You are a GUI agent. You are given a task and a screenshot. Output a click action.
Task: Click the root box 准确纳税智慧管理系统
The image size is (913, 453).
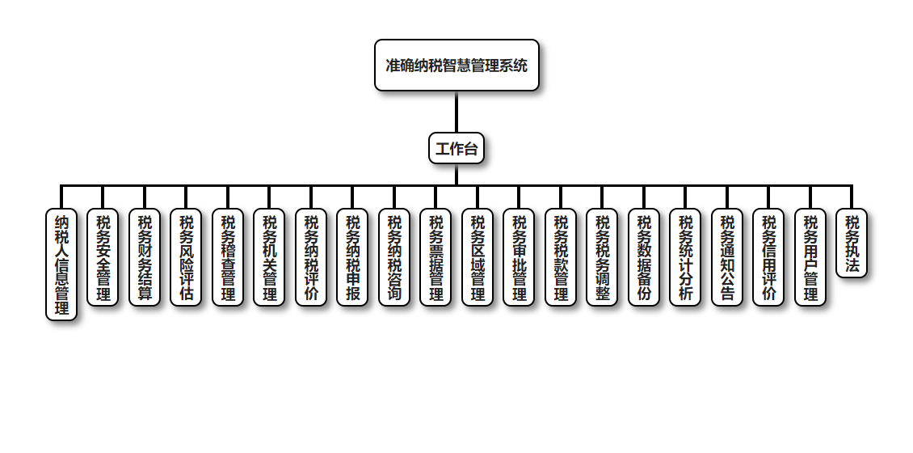tap(456, 65)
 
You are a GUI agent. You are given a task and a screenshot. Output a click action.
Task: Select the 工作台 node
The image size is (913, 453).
tap(456, 148)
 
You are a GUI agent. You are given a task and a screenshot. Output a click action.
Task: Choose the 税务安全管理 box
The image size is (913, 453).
tap(103, 257)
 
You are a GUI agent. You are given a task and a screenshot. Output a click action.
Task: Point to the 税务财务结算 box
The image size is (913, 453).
tap(145, 257)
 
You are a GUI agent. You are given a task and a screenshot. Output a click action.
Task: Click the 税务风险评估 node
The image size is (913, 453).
tap(186, 257)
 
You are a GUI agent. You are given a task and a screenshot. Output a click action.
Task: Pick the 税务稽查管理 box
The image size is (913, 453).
tap(228, 257)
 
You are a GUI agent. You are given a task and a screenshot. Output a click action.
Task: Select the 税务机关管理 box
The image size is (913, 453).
tap(269, 257)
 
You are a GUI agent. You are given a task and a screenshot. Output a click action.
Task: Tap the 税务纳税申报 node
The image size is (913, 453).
tap(352, 257)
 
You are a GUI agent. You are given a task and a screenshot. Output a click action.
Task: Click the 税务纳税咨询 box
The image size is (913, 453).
tap(394, 257)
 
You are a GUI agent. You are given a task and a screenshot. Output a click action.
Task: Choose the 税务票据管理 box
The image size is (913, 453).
tap(435, 257)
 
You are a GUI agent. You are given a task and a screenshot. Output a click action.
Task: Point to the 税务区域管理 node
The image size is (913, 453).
tap(478, 257)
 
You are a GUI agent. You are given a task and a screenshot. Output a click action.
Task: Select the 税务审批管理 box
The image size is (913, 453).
tap(519, 257)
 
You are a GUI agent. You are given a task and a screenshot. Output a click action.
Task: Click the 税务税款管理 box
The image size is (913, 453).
tap(561, 257)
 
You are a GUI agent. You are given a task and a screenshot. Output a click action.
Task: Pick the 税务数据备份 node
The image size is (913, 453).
tap(644, 257)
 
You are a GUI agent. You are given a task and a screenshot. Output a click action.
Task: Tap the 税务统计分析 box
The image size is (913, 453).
tap(685, 257)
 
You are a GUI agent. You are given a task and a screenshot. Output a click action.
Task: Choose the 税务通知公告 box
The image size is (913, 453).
tap(727, 257)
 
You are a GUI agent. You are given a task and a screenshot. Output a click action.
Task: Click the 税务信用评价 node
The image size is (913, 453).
tap(768, 257)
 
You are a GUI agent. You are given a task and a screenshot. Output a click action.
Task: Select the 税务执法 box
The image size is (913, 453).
tap(852, 243)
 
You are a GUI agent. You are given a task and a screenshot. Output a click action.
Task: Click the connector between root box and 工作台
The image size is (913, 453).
tap(456, 112)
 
